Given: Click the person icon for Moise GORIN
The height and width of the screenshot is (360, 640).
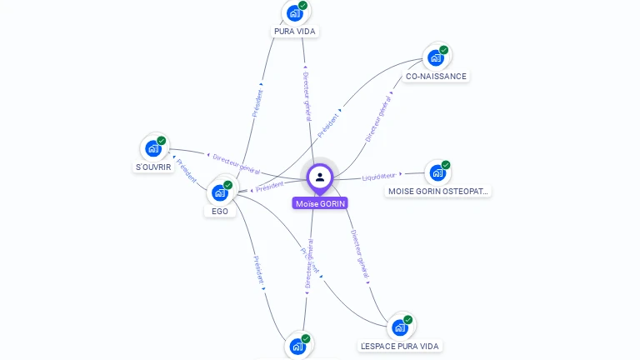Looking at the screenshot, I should pos(320,177).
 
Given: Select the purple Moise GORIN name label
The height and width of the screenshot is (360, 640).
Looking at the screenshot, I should pos(320,203).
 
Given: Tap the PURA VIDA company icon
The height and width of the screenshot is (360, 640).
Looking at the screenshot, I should pos(294,12).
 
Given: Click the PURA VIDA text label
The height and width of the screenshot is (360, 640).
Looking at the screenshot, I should pos(296,32).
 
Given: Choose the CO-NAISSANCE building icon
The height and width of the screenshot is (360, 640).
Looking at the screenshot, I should pos(435,57).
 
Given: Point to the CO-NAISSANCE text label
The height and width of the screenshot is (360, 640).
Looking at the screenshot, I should pos(436,76).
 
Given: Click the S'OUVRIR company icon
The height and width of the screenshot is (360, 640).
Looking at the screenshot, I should pos(152,148).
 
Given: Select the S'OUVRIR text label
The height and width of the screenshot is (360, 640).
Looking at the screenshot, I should pos(153,167).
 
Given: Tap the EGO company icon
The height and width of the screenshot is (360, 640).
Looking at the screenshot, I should pos(220,192).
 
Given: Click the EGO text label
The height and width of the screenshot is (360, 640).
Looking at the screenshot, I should pos(220,212).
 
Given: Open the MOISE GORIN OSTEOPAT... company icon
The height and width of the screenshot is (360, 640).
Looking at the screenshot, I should pos(437,172).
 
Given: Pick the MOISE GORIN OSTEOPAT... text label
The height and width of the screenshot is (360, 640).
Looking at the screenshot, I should pos(439,192).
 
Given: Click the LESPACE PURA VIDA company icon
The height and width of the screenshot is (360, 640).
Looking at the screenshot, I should pos(400,327).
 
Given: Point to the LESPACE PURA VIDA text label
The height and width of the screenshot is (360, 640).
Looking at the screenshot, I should pos(400,346).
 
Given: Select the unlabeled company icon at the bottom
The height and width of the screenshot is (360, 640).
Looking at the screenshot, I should pos(297,346).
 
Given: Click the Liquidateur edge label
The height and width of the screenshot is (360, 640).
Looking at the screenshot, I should pos(379,176).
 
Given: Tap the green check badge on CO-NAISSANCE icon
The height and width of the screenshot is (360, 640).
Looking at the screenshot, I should pos(444,50).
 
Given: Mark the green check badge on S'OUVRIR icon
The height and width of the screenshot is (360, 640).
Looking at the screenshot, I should pos(162,141).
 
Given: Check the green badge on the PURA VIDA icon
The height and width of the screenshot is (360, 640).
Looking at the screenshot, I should pos(303,5).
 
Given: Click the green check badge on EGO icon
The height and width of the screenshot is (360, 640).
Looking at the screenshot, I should pos(228,185).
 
